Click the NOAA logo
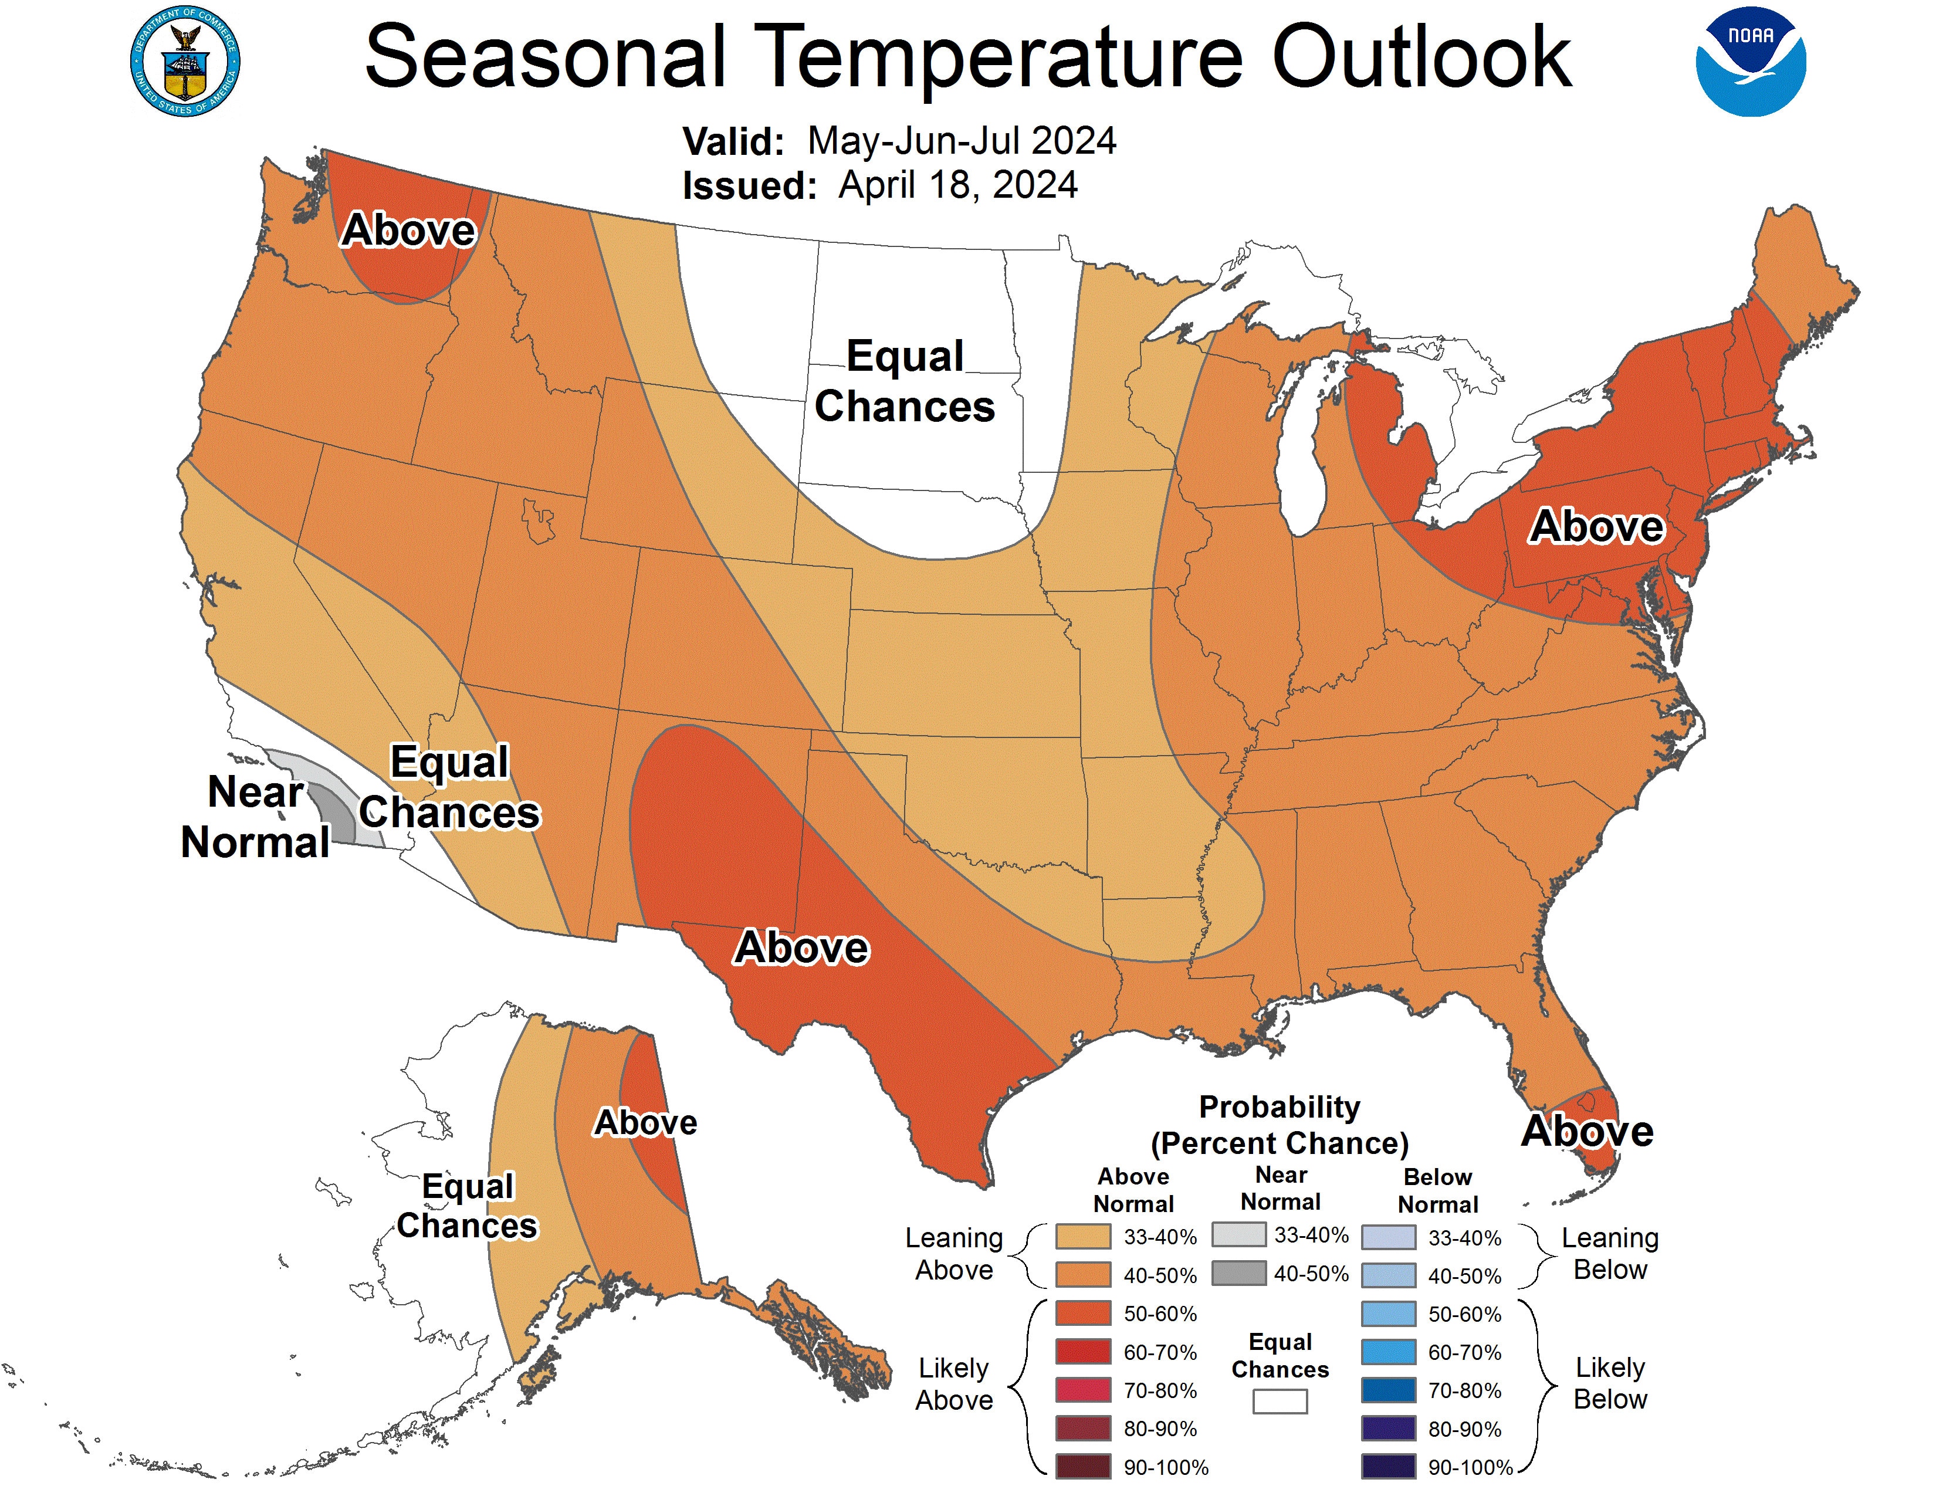pos(1750,62)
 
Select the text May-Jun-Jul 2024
pos(962,141)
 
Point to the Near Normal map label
pos(255,816)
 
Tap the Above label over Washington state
pos(409,231)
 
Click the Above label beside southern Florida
pos(1587,1131)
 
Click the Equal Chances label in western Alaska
pos(467,1206)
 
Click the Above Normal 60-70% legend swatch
pos(1082,1352)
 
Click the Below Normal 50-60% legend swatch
pos(1387,1314)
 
